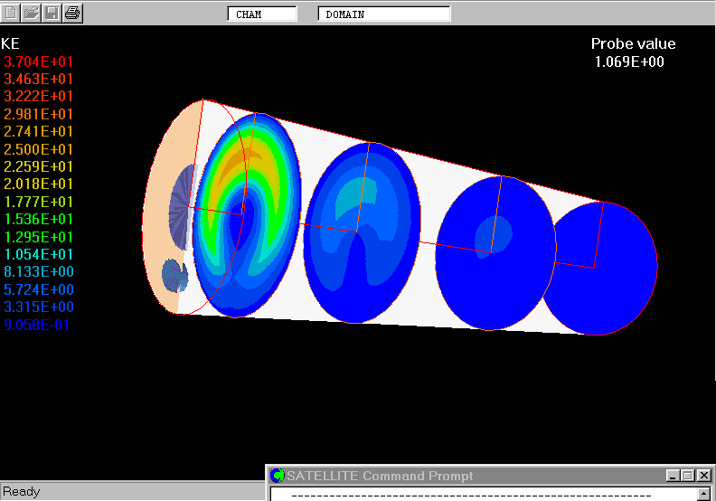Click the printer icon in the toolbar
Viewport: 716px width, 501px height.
point(72,13)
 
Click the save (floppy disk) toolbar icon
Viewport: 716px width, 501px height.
point(52,13)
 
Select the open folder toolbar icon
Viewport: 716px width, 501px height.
point(31,13)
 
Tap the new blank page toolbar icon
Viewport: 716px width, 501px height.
point(11,13)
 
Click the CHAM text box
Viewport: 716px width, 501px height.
point(262,14)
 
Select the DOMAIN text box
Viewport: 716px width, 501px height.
point(384,14)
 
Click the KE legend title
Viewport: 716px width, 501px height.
point(10,43)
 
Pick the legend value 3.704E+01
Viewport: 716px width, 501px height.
point(38,61)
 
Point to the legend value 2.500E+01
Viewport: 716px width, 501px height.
point(38,149)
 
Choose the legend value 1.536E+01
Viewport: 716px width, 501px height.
point(38,219)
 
